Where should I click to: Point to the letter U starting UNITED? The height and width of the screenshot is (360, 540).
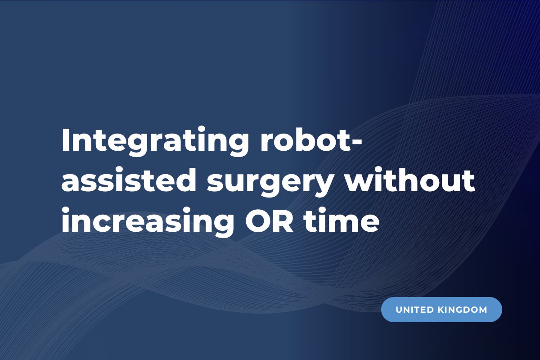point(399,310)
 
